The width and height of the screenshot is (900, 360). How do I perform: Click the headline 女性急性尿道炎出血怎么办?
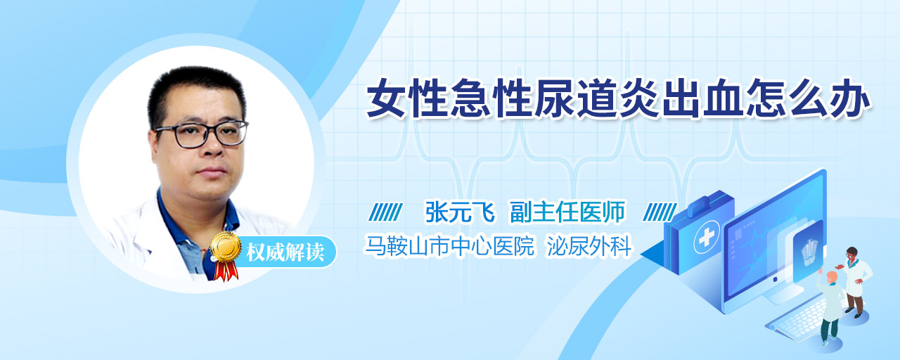tap(618, 98)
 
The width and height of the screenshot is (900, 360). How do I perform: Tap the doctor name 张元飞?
tap(460, 212)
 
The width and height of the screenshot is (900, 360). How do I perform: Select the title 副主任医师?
tap(567, 212)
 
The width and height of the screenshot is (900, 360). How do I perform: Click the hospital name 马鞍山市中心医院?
tap(449, 245)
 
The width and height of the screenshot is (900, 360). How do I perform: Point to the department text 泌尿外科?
tap(589, 245)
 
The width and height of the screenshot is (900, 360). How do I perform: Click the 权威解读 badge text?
tap(285, 252)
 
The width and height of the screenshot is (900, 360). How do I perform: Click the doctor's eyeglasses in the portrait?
tap(201, 134)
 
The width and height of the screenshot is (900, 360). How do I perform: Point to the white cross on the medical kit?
tap(707, 238)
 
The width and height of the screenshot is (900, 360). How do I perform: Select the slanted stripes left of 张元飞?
tap(385, 212)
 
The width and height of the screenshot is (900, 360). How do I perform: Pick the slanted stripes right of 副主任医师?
tap(660, 212)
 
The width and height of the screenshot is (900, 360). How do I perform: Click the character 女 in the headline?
tap(387, 98)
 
